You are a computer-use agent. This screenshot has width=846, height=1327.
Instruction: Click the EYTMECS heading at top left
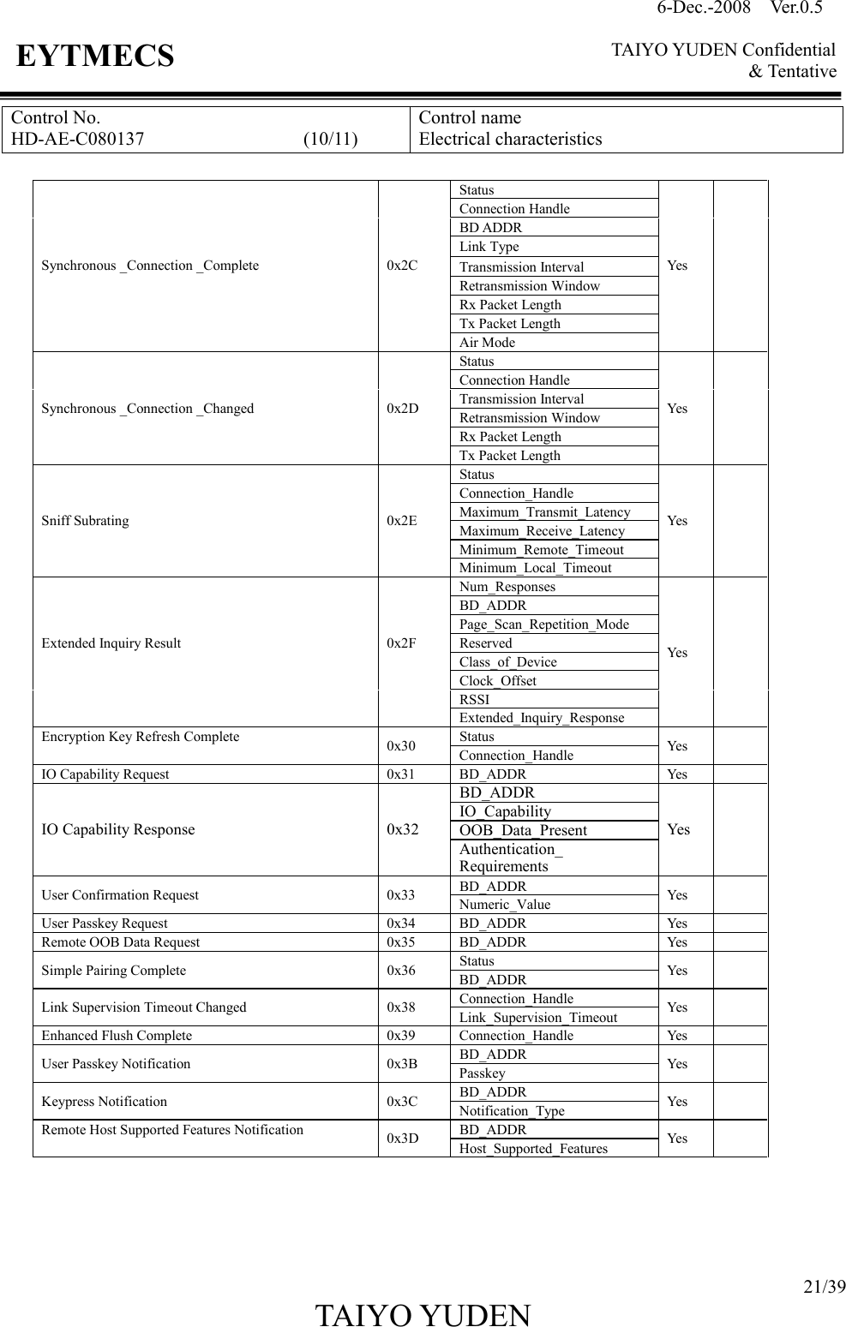(95, 57)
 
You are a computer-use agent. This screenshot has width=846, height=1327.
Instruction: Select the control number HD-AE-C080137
(78, 139)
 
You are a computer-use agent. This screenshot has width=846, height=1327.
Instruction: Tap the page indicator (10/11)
(331, 139)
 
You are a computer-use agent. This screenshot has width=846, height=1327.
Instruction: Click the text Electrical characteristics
(510, 139)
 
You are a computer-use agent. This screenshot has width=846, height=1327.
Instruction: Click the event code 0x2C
(402, 266)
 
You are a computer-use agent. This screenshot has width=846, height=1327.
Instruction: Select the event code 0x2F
(402, 643)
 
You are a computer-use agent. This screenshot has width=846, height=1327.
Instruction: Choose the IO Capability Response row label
(118, 829)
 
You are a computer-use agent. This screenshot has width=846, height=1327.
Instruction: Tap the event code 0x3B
(402, 1064)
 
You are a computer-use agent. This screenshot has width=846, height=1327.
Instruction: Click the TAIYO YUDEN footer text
(423, 1315)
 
